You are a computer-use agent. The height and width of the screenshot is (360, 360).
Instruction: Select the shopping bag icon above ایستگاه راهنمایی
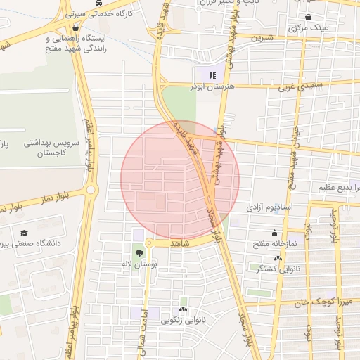(x=75, y=27)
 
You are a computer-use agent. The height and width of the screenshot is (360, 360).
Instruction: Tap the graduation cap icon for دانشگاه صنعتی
(x=24, y=233)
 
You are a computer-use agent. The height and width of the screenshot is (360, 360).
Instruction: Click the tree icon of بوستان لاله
(x=139, y=252)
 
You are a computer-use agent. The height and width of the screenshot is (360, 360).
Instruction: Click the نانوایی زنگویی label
(x=184, y=321)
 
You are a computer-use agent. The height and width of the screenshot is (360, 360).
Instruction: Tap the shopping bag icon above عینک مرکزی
(x=309, y=16)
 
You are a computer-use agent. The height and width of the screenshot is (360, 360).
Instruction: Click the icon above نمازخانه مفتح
(x=273, y=233)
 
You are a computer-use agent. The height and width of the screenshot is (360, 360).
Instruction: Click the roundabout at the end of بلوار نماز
(x=90, y=190)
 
